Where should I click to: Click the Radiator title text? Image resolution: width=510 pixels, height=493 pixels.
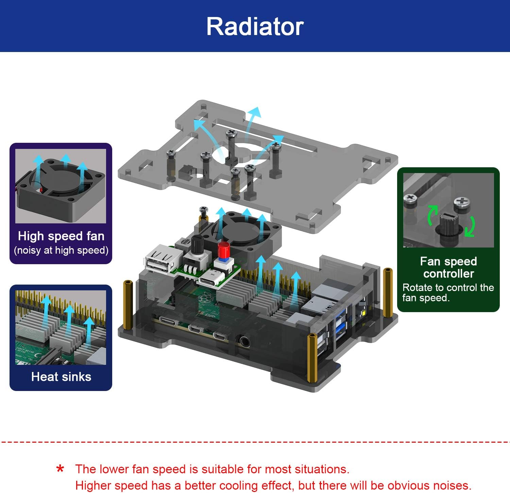click(x=255, y=27)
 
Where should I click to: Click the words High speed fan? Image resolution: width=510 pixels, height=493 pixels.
click(x=61, y=236)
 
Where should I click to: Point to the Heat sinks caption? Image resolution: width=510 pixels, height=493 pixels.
click(x=61, y=377)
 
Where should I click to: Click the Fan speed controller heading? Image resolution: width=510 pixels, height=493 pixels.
click(x=448, y=267)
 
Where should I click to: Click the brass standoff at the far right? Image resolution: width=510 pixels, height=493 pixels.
click(x=388, y=292)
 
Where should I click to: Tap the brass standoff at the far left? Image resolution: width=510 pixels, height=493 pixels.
click(x=128, y=305)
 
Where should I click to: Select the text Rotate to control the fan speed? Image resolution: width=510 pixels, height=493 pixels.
click(x=447, y=293)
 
